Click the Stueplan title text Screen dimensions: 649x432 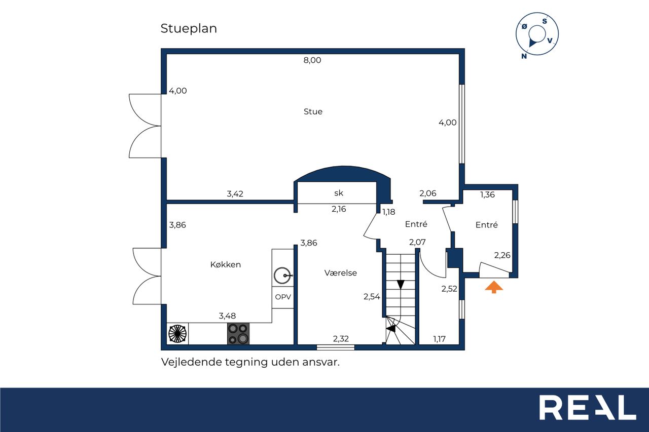189,29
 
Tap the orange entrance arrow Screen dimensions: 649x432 494,287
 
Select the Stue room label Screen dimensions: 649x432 313,111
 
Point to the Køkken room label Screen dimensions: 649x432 226,264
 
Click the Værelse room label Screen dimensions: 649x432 340,273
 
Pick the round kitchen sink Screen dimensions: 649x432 282,275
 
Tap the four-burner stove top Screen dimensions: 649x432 238,334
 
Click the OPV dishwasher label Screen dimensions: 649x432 283,297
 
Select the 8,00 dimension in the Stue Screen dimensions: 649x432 312,60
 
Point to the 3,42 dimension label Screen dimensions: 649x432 235,194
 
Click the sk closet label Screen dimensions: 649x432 338,193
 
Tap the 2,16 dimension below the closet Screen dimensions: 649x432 339,209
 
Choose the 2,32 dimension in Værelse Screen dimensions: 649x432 341,338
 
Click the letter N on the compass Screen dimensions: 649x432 524,56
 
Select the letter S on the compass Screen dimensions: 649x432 545,21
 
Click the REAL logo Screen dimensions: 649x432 587,407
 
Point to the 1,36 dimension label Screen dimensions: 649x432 487,195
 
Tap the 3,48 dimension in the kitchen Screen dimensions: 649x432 227,316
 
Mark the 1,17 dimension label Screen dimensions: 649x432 439,339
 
